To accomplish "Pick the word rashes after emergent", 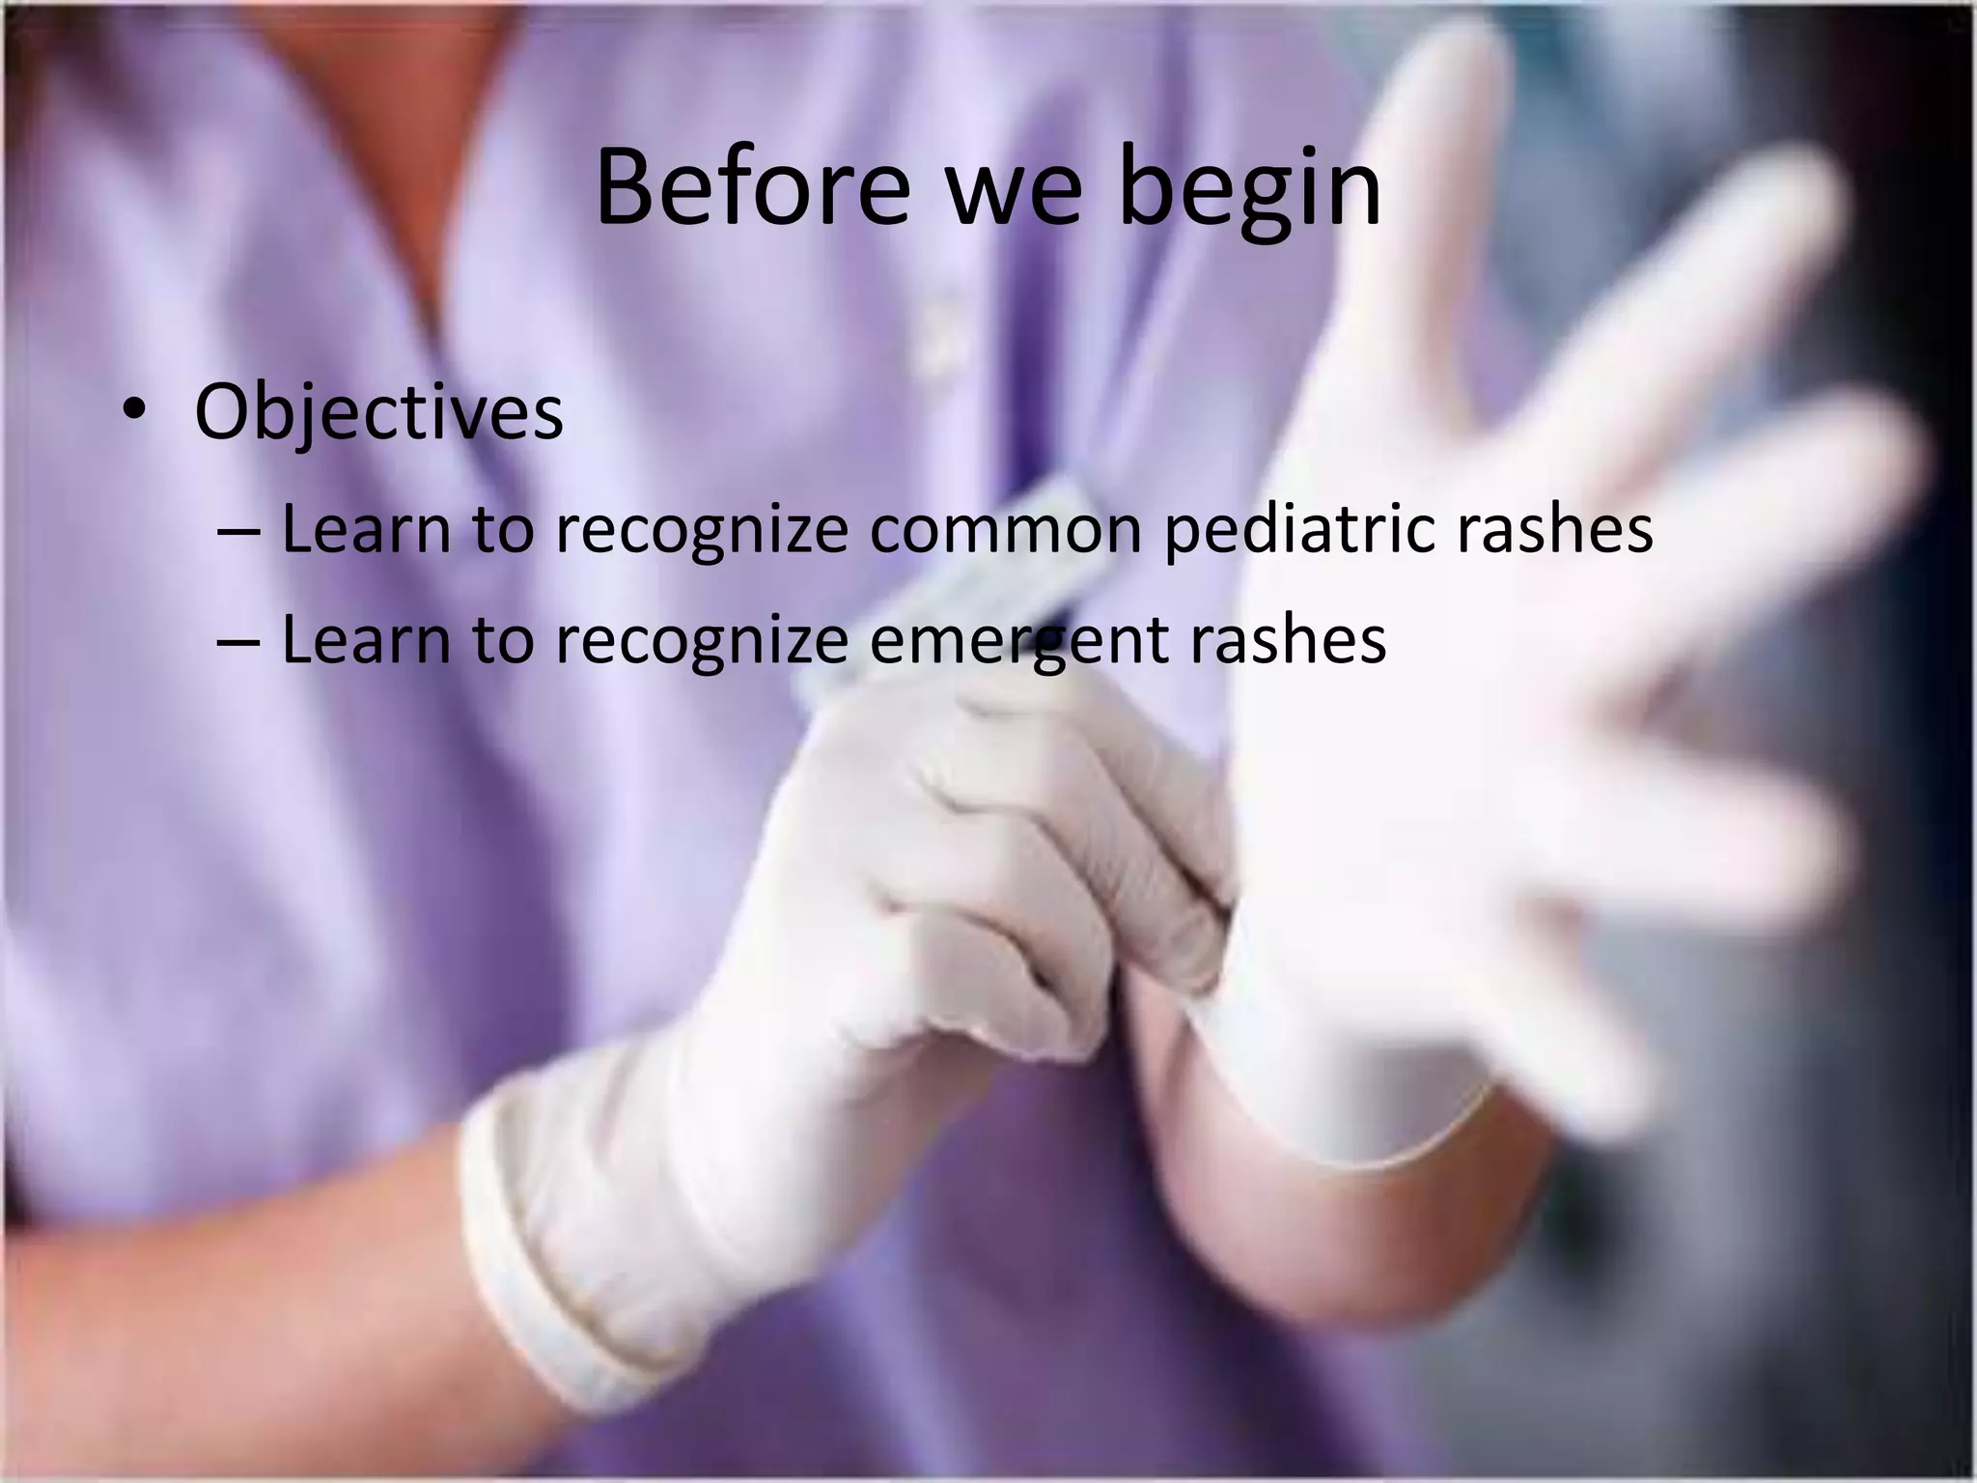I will tap(1288, 639).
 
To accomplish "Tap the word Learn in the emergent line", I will tap(366, 639).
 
